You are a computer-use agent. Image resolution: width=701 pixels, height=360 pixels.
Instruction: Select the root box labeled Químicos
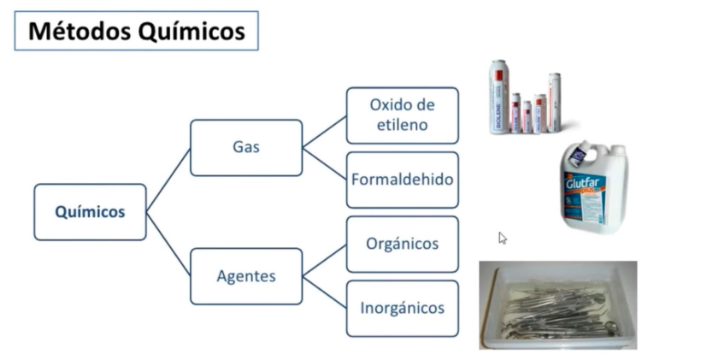90,211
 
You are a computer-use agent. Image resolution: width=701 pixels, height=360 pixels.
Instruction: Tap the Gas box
245,147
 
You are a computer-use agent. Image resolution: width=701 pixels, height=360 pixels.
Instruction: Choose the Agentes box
245,276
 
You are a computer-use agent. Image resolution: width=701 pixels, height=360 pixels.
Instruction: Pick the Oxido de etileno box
402,115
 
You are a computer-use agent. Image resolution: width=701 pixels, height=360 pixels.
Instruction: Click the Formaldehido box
402,180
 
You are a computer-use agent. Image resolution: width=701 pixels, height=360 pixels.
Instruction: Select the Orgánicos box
402,244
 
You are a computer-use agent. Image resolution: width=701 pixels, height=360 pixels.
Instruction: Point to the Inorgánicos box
402,308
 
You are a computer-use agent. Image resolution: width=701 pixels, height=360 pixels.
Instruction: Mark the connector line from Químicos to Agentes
168,244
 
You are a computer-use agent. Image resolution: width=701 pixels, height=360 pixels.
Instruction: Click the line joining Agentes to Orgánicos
324,260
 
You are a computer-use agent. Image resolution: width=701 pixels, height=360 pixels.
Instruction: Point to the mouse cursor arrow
503,238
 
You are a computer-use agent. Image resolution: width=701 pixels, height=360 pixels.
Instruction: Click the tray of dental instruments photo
557,304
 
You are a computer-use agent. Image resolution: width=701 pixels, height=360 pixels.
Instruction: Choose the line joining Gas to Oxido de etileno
324,132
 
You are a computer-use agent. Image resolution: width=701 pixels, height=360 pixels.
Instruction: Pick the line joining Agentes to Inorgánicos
324,292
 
